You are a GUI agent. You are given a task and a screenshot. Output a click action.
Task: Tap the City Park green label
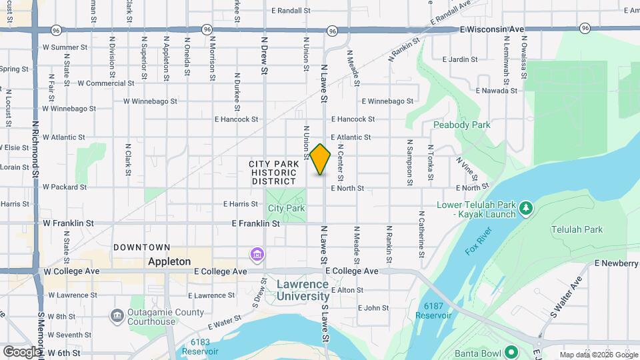coord(287,208)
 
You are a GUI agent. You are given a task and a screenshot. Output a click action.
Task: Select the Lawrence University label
coord(303,290)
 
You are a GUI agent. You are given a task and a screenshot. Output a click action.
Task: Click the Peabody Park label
coord(461,125)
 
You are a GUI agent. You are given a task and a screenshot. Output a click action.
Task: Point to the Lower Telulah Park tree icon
coord(526,208)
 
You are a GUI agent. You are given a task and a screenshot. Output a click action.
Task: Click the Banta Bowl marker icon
coord(511,352)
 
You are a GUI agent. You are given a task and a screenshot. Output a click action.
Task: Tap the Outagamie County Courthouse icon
coord(117,314)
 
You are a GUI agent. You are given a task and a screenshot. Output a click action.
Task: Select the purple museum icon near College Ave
coord(257,254)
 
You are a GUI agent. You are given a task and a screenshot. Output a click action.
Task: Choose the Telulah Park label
coord(577,229)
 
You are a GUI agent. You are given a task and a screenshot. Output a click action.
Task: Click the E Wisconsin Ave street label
coord(493,29)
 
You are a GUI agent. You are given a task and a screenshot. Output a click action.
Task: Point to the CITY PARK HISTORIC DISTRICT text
coord(273,173)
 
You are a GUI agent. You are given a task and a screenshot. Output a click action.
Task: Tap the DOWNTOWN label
coord(141,247)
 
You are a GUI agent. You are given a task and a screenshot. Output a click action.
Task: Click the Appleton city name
coord(169,261)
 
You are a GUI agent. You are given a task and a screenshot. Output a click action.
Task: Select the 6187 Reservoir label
coord(437,311)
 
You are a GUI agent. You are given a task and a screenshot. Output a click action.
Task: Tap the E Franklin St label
coord(255,224)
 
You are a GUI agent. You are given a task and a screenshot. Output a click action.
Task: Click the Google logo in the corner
coord(22,351)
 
